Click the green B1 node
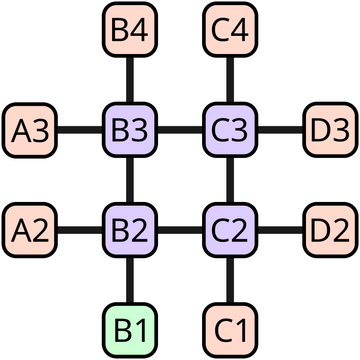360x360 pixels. tap(130, 330)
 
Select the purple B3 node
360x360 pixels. tap(130, 130)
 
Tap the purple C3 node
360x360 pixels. tap(230, 130)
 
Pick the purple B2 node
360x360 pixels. tap(130, 230)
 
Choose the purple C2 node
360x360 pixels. tap(230, 230)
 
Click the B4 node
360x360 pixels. tap(130, 30)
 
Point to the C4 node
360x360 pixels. tap(230, 30)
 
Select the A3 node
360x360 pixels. tap(30, 130)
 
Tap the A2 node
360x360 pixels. tap(30, 230)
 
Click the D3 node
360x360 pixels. tap(330, 130)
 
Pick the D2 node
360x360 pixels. tap(330, 230)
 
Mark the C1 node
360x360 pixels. tap(230, 330)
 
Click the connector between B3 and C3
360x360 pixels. tap(180, 130)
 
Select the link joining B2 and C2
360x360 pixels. tap(180, 230)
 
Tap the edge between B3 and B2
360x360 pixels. tap(130, 180)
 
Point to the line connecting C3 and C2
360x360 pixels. tap(230, 180)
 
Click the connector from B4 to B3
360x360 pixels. tap(130, 80)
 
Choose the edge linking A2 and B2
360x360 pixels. tap(80, 230)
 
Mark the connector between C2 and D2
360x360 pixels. tap(280, 230)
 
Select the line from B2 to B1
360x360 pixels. tap(130, 280)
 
